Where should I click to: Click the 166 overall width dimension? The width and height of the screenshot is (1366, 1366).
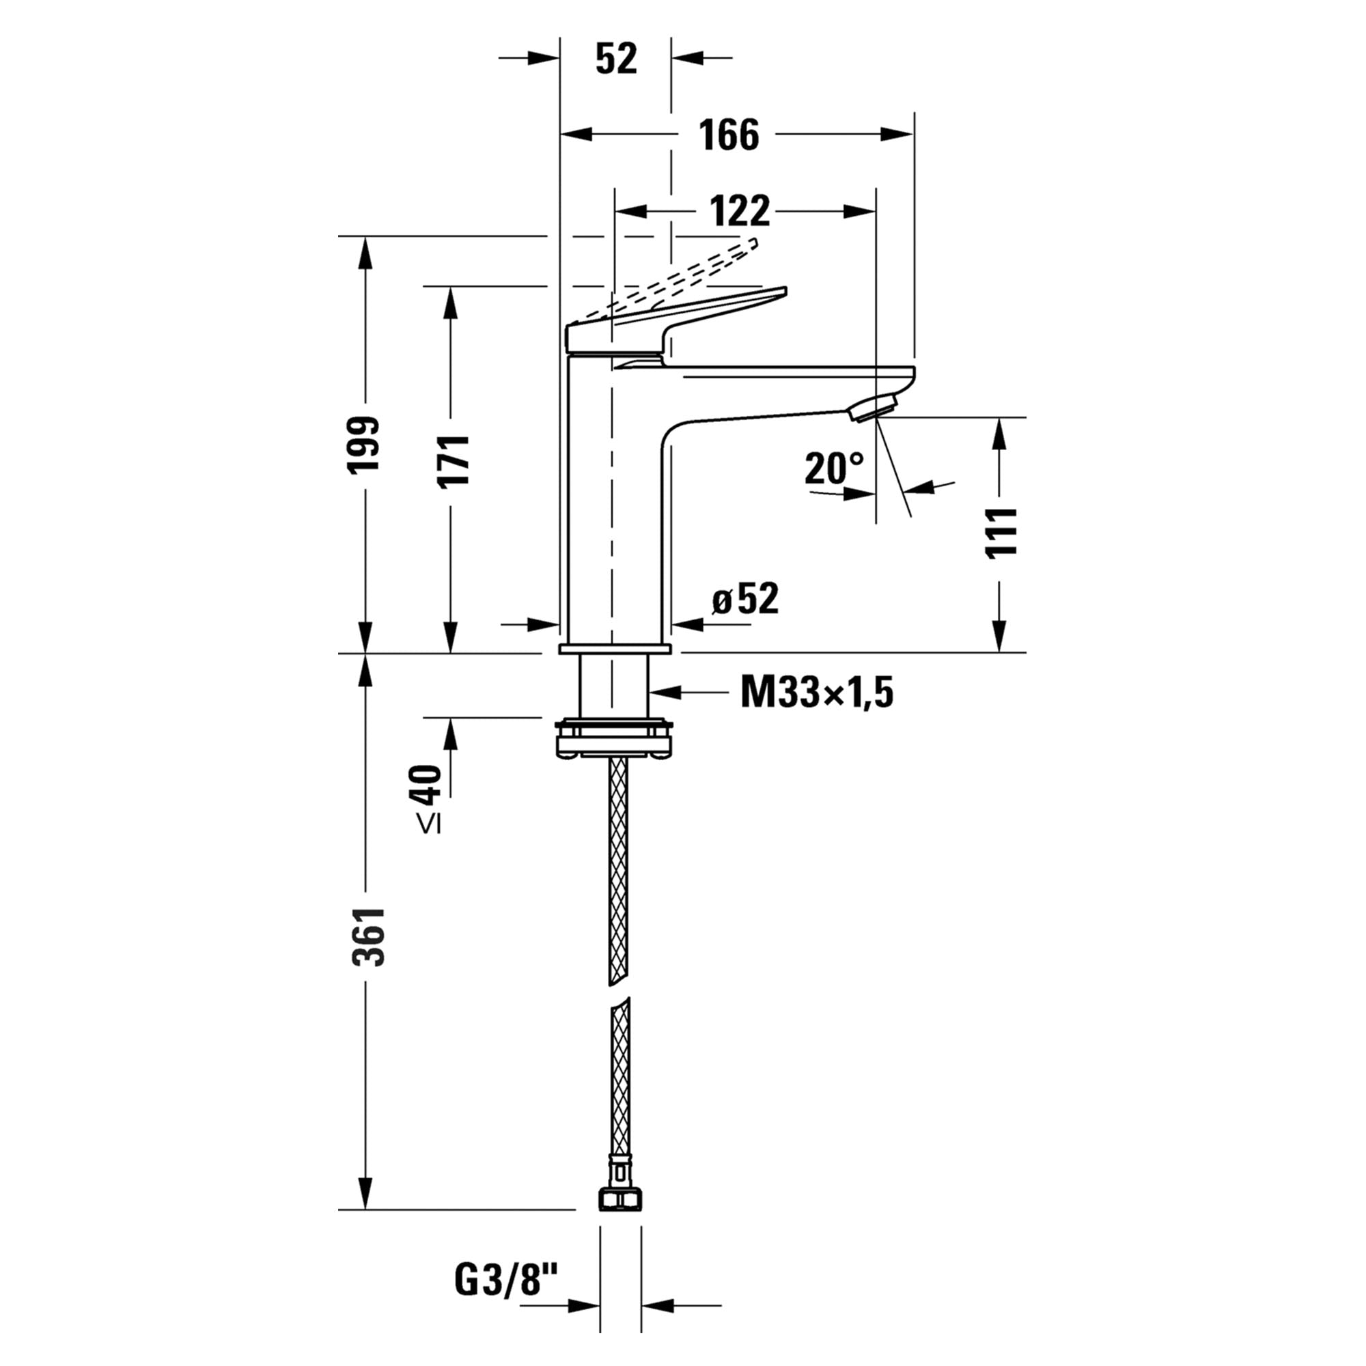pyautogui.click(x=729, y=135)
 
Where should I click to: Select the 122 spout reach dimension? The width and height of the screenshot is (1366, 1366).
pyautogui.click(x=740, y=210)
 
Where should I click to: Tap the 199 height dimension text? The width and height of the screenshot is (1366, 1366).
pyautogui.click(x=365, y=444)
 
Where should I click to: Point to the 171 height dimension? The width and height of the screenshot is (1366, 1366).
pyautogui.click(x=453, y=460)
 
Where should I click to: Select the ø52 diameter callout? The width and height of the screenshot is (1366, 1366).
pyautogui.click(x=744, y=599)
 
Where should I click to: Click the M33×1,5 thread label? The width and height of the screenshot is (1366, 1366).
pyautogui.click(x=817, y=692)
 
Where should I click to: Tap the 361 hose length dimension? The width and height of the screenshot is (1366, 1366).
pyautogui.click(x=369, y=937)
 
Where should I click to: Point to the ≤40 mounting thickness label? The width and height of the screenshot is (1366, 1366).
pyautogui.click(x=427, y=798)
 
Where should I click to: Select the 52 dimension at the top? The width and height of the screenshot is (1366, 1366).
pyautogui.click(x=616, y=58)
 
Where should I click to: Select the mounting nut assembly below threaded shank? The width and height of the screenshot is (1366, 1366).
pyautogui.click(x=613, y=740)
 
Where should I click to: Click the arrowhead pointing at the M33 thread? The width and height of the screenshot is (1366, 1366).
pyautogui.click(x=665, y=692)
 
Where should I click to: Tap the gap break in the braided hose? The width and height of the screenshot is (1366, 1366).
pyautogui.click(x=619, y=990)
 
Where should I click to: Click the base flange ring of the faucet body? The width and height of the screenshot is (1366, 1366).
pyautogui.click(x=615, y=648)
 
